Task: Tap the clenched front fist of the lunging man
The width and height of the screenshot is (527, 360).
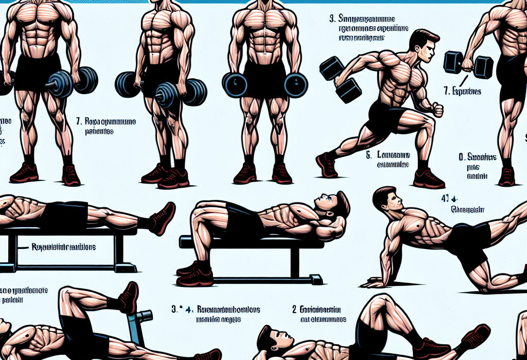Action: point(437,110)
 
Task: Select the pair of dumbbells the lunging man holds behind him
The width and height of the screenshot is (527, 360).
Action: point(342,78)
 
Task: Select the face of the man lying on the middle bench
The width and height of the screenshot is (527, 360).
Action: point(330,202)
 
